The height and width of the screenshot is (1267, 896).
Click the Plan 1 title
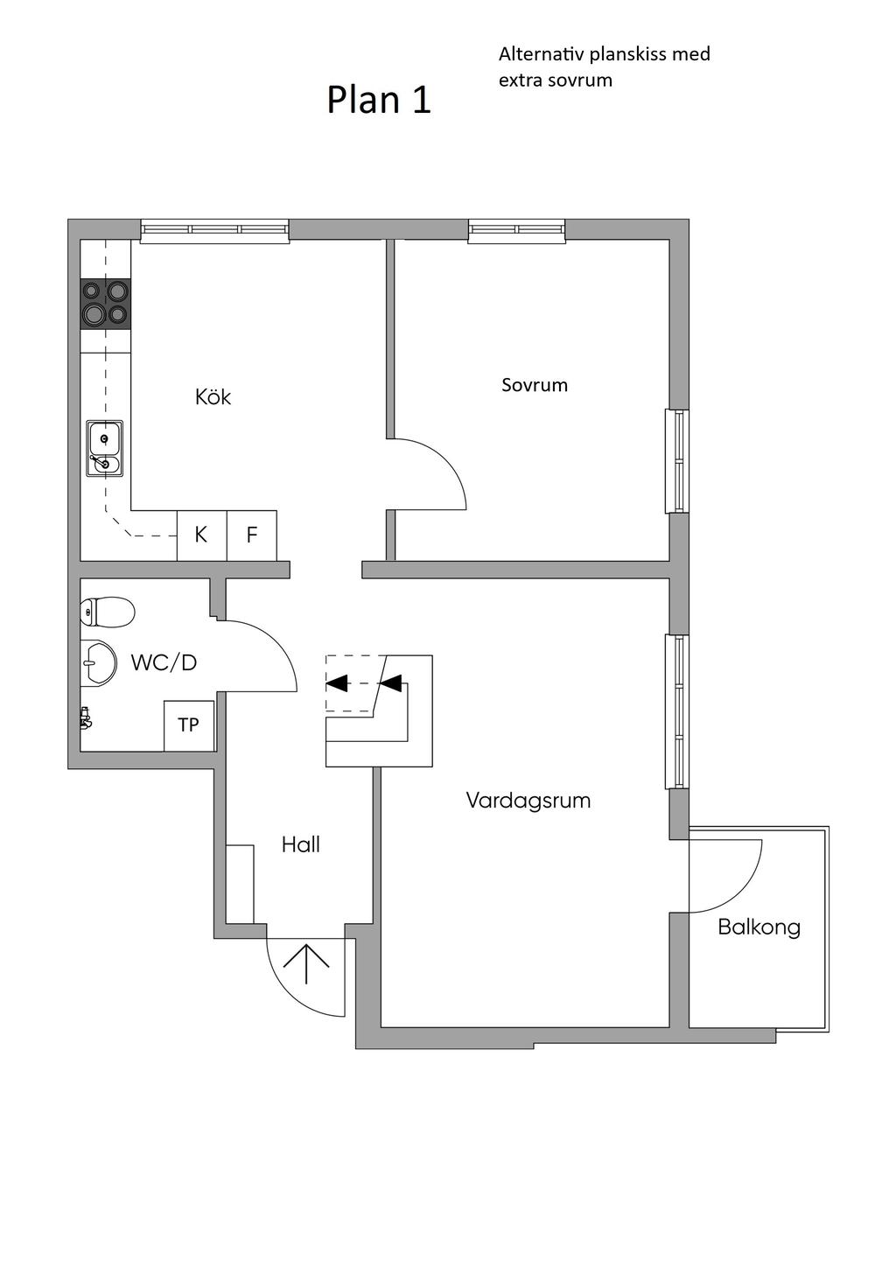[x=379, y=101]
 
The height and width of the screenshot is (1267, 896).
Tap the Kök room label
[x=213, y=396]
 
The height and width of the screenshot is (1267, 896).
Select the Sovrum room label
[x=534, y=385]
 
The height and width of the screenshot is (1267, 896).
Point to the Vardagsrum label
[x=528, y=801]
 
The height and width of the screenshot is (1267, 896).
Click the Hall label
[x=300, y=844]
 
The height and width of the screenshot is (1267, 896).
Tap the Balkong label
[x=759, y=927]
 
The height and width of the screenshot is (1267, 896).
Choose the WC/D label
[x=164, y=662]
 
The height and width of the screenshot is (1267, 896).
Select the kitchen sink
[x=105, y=448]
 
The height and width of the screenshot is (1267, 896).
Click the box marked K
[x=202, y=535]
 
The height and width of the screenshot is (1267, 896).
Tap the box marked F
[x=252, y=535]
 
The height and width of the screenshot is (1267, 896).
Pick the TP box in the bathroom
[x=189, y=725]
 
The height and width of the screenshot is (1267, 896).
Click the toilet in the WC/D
[x=108, y=612]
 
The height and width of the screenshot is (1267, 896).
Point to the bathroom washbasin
[x=98, y=663]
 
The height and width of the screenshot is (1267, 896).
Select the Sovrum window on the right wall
[x=676, y=461]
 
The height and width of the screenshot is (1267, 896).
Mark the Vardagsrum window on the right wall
[x=676, y=711]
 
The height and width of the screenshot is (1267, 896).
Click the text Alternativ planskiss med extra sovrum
[x=604, y=67]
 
